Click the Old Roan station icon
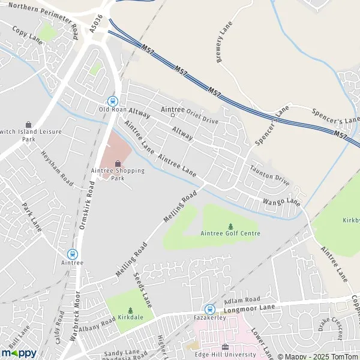click(x=112, y=101)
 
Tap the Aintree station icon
click(x=73, y=254)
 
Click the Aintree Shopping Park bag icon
click(x=118, y=163)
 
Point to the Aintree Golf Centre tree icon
click(x=230, y=226)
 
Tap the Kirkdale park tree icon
click(x=130, y=310)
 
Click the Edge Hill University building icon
click(x=225, y=347)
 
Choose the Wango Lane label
click(x=280, y=202)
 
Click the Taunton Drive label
click(x=270, y=175)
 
